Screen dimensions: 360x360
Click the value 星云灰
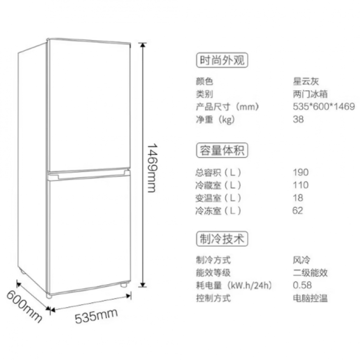[306, 82]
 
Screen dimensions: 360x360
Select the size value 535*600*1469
[324, 107]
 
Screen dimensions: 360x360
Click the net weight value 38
[298, 120]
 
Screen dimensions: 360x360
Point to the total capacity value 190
[300, 172]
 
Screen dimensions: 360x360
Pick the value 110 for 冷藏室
[300, 185]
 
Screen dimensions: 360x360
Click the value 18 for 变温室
[298, 198]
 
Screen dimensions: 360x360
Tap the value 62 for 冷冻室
[298, 210]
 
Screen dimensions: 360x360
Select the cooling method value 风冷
[301, 261]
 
